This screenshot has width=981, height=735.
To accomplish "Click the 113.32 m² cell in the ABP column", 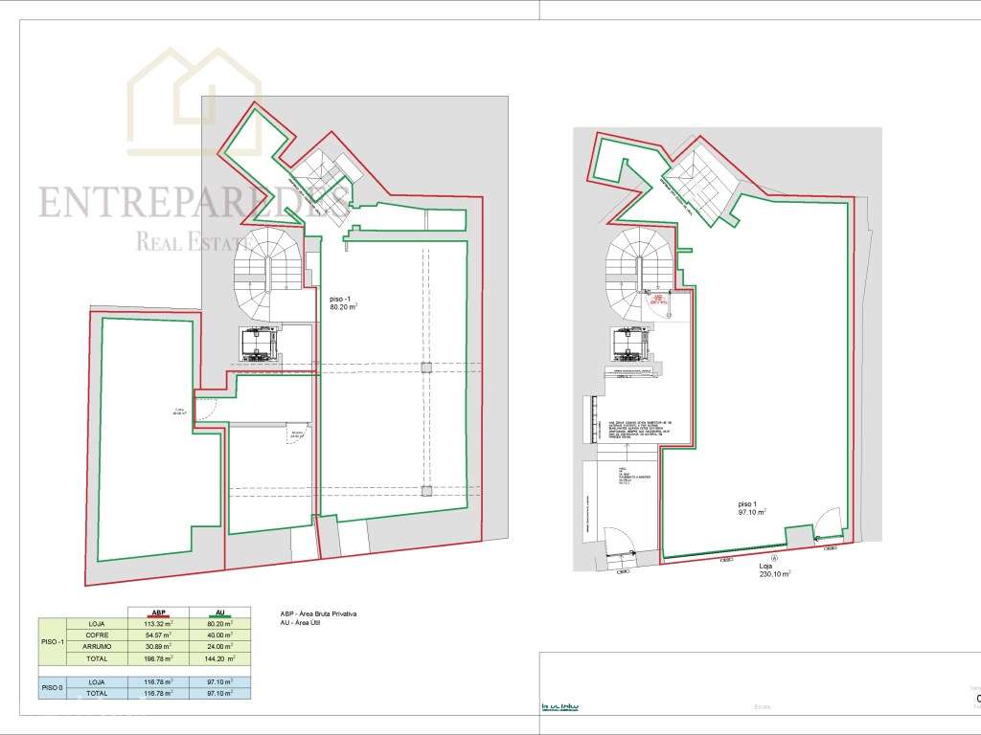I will point(159,624).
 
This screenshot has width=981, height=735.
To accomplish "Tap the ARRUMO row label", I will point(96,647).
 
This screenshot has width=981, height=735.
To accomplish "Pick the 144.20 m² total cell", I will point(220,658).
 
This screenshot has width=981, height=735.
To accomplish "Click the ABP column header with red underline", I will point(159,612).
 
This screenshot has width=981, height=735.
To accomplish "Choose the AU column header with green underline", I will point(220,612).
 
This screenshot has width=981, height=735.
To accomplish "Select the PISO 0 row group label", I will point(52,687).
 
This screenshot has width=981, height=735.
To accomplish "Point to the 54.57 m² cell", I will point(159,635).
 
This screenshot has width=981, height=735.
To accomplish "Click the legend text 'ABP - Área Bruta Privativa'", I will point(326,613).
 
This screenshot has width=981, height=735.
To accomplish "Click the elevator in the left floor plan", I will point(260,344).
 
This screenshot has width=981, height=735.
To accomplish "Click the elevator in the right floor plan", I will point(628,344).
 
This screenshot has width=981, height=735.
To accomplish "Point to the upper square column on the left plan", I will point(426,367).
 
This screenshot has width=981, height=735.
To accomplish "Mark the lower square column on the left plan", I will point(426,491).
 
